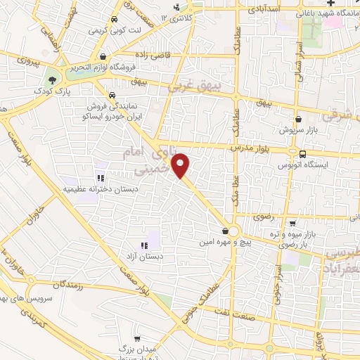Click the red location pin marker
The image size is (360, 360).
(x=181, y=166)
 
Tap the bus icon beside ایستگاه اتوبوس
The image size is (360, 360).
(x=302, y=154)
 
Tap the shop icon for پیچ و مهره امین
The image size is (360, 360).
(x=224, y=231)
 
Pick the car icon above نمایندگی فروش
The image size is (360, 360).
(x=111, y=94)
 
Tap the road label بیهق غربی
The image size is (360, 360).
(x=200, y=87)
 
